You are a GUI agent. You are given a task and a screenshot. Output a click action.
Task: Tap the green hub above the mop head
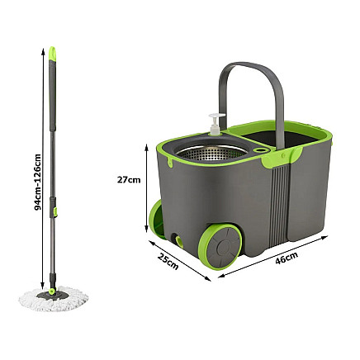(x=56, y=290)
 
